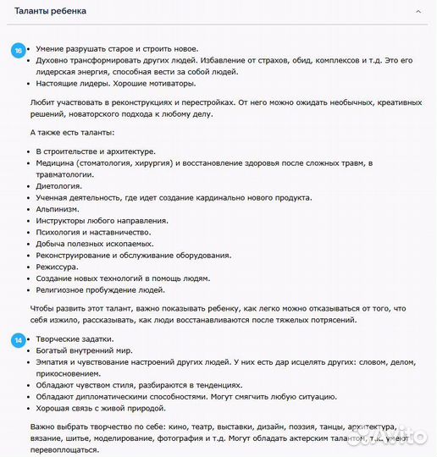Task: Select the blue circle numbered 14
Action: [x=18, y=340]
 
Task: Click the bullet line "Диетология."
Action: [x=58, y=185]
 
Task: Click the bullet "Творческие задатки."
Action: [x=74, y=339]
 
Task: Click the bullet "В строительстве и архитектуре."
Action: [x=95, y=151]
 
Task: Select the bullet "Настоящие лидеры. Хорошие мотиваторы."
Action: [x=115, y=83]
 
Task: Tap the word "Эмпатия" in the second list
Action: [x=53, y=362]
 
